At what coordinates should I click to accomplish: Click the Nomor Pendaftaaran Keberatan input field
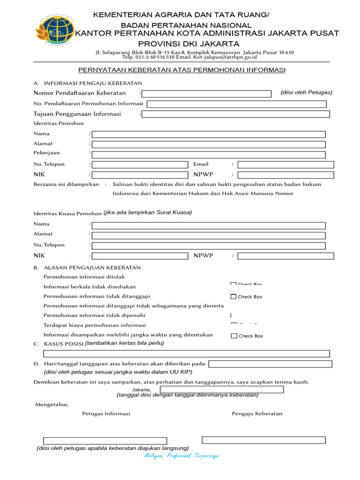click(x=207, y=93)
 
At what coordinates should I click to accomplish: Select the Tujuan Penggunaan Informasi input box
click(x=236, y=114)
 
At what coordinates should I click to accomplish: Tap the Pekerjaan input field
click(x=209, y=154)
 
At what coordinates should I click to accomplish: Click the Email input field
click(x=286, y=165)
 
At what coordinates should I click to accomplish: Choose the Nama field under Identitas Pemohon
click(x=209, y=134)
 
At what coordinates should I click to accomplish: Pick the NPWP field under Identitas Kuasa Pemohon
click(x=286, y=256)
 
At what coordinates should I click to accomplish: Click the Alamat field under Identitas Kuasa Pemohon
click(x=209, y=235)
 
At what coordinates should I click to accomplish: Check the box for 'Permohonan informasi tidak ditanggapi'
click(x=233, y=297)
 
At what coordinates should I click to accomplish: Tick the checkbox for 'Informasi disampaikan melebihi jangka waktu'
click(x=234, y=336)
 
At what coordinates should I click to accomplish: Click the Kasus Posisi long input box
click(x=186, y=353)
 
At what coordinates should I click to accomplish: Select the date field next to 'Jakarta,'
click(x=222, y=390)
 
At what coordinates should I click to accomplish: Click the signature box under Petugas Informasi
click(x=105, y=441)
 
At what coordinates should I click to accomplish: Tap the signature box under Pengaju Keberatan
click(x=263, y=440)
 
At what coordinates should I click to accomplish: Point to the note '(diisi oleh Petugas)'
click(x=307, y=92)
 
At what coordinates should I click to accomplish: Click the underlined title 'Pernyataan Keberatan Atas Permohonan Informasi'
click(x=182, y=70)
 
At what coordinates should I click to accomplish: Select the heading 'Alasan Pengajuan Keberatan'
click(x=92, y=268)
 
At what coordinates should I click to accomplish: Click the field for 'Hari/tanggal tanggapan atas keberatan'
click(x=270, y=364)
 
